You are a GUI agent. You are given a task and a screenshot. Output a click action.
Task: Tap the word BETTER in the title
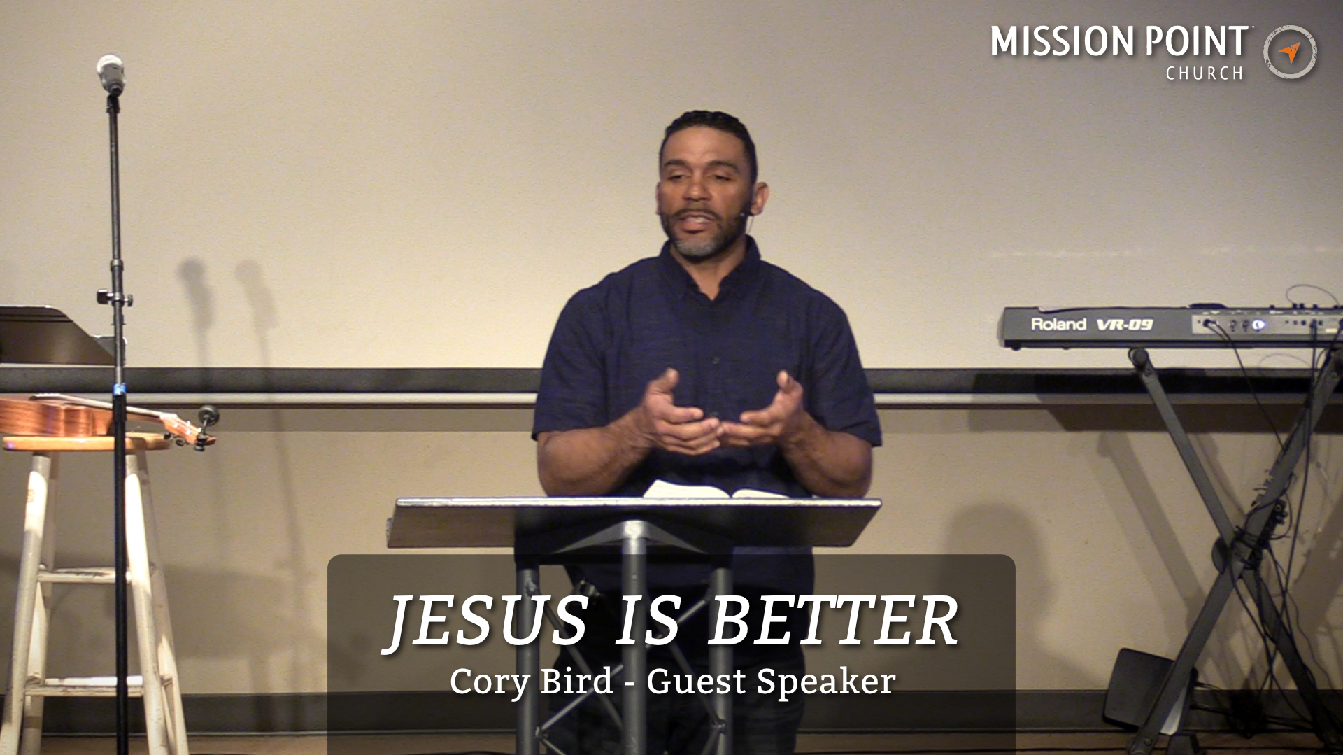tap(832, 621)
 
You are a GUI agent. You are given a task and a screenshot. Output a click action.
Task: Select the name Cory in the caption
tap(490, 682)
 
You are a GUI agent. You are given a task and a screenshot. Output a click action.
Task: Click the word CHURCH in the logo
tap(1204, 73)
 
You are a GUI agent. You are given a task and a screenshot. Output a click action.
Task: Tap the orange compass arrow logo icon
tap(1290, 52)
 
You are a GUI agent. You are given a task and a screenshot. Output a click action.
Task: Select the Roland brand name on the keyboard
tap(1058, 324)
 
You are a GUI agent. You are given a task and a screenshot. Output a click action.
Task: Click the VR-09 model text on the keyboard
tap(1124, 325)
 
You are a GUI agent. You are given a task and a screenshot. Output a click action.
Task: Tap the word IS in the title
tap(647, 621)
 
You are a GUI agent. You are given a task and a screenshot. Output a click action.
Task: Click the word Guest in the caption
tap(696, 682)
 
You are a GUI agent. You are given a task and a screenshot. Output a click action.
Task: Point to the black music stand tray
tap(49, 336)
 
